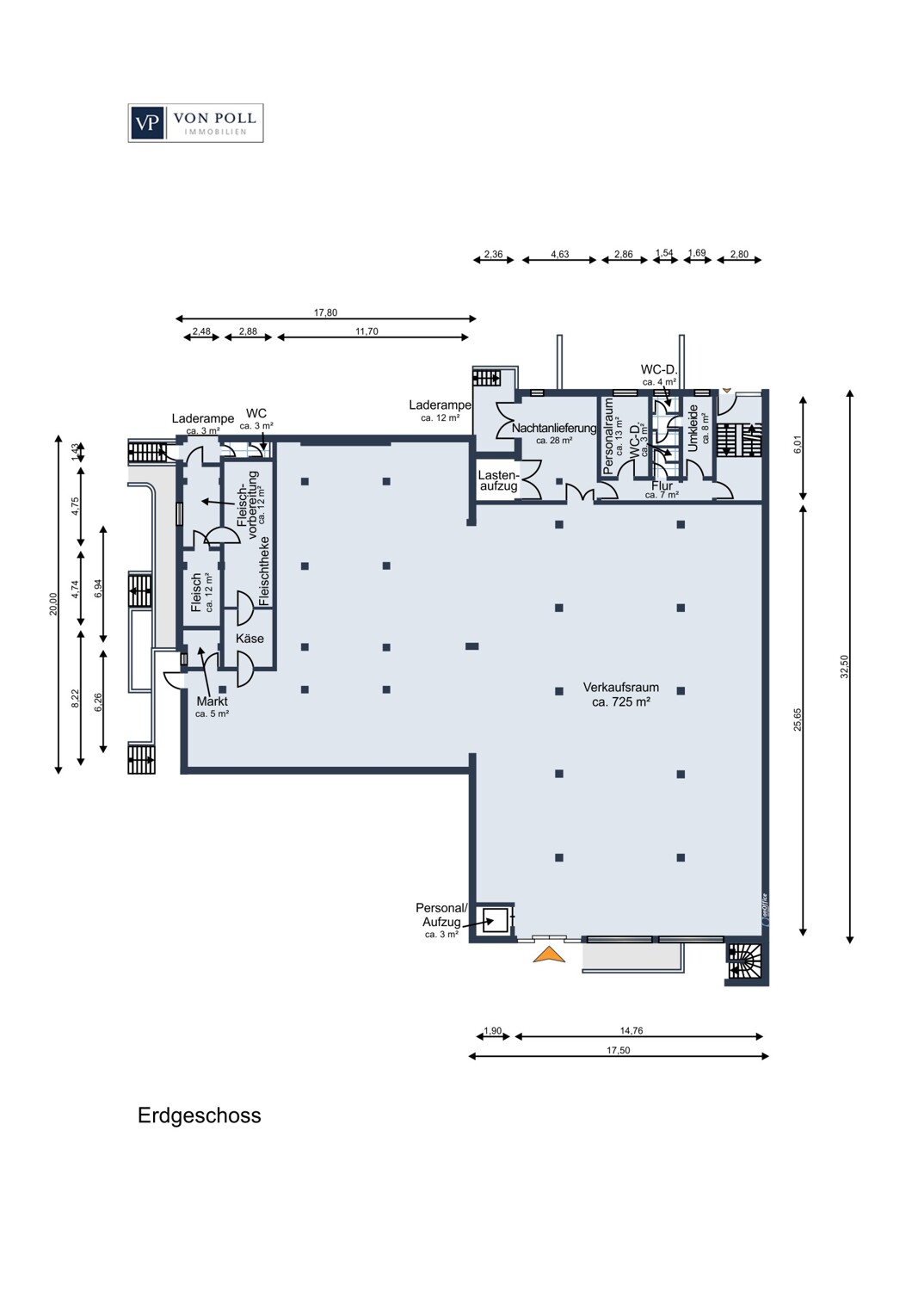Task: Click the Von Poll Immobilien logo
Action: click(196, 123)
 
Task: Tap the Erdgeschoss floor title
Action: click(200, 1115)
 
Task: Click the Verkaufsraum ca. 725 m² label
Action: click(621, 695)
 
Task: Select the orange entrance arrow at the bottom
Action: click(548, 954)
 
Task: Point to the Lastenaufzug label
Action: click(499, 480)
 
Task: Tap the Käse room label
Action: click(250, 639)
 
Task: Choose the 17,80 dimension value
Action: click(325, 313)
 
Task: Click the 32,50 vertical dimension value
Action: click(845, 667)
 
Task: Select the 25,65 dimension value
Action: click(798, 720)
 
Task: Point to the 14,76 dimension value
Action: click(632, 1030)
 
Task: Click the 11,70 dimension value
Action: click(367, 331)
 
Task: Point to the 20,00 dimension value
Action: click(53, 604)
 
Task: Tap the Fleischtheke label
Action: click(264, 571)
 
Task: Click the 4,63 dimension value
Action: click(560, 254)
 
